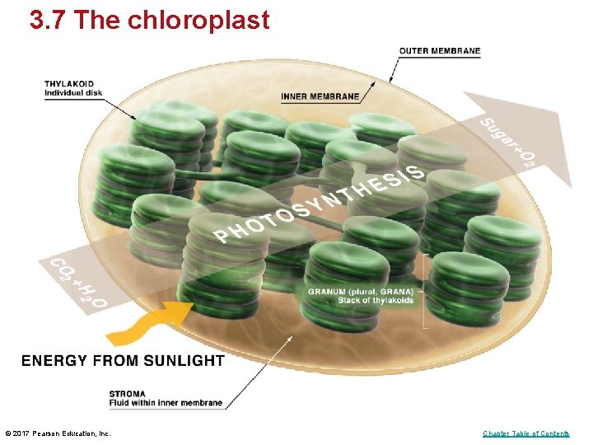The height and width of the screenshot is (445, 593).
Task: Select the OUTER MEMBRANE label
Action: coord(439,51)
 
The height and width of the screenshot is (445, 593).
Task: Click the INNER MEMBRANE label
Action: coord(320,96)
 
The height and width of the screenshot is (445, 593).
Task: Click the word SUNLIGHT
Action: coord(184,360)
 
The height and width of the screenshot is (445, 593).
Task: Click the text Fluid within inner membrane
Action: coord(166,403)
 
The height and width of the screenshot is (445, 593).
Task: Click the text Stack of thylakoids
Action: coord(375,300)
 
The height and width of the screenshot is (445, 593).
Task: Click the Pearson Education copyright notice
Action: coord(58,433)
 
